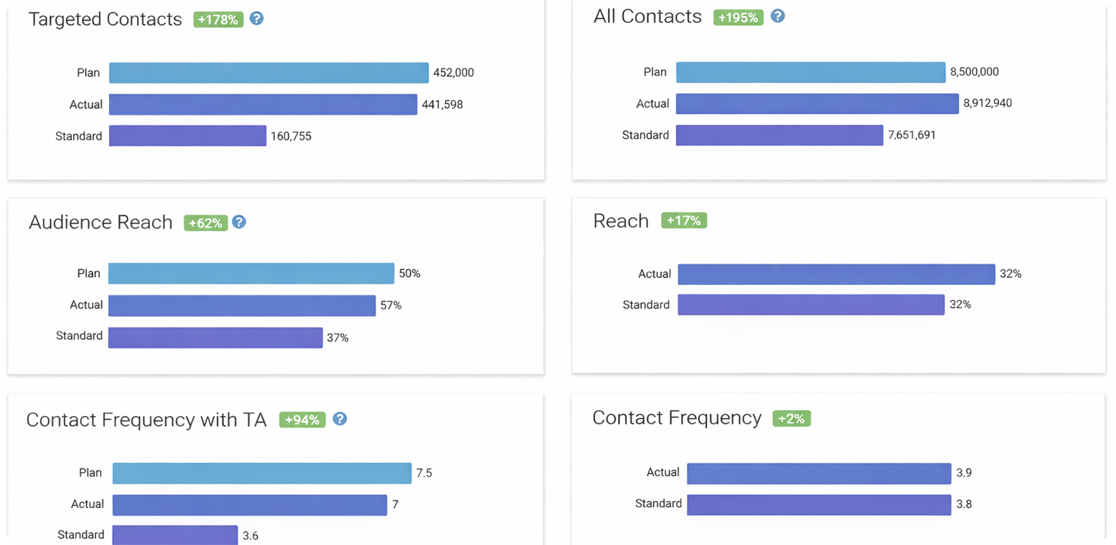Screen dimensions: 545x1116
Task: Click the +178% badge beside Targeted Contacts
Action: [218, 20]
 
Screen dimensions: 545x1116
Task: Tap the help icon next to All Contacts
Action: [777, 16]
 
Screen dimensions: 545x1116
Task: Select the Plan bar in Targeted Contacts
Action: [269, 73]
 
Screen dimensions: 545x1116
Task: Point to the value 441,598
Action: [442, 105]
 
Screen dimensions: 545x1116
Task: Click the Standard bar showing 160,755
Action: [187, 136]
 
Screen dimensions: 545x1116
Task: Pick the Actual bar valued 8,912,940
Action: [817, 104]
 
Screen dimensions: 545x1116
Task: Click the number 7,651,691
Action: [911, 135]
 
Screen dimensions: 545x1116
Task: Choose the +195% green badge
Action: [738, 18]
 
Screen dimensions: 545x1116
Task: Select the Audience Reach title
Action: [100, 222]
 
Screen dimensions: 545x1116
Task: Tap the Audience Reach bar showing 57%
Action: [242, 306]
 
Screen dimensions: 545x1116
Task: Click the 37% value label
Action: [338, 338]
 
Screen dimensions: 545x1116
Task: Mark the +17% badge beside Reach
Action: [684, 220]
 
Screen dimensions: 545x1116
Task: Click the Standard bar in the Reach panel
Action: [810, 305]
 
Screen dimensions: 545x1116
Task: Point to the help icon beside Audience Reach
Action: [239, 222]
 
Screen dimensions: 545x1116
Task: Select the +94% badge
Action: [302, 420]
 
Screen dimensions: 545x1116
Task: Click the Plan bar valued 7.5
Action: [262, 473]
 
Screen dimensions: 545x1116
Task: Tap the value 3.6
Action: [250, 536]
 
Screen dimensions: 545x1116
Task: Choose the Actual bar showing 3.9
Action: [818, 473]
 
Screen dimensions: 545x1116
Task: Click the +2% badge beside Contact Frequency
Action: [791, 419]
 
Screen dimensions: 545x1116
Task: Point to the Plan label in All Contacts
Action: [655, 72]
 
